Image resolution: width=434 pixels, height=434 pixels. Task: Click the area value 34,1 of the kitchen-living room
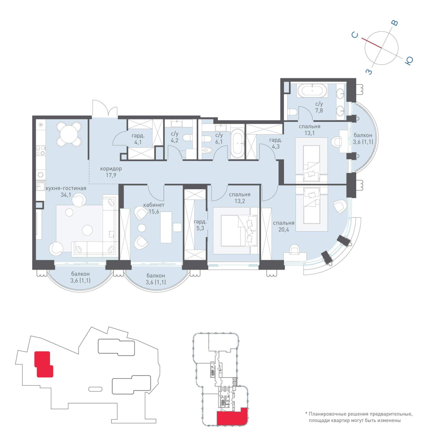(66, 195)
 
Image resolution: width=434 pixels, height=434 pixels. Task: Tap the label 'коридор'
(111, 169)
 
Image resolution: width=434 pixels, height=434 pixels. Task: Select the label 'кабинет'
(154, 205)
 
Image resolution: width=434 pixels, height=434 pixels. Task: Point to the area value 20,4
(284, 229)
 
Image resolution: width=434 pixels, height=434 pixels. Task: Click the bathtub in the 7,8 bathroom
(312, 91)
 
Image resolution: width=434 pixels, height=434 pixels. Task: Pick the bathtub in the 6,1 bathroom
(237, 144)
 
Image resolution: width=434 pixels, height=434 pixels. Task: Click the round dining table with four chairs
(69, 134)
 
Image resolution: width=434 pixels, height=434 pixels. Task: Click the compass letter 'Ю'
(409, 60)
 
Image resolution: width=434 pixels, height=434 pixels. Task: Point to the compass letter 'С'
(355, 35)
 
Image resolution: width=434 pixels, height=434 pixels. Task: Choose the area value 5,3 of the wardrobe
(200, 228)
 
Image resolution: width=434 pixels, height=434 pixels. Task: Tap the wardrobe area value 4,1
(138, 142)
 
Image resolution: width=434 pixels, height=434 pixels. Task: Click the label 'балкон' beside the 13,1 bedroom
(363, 135)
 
